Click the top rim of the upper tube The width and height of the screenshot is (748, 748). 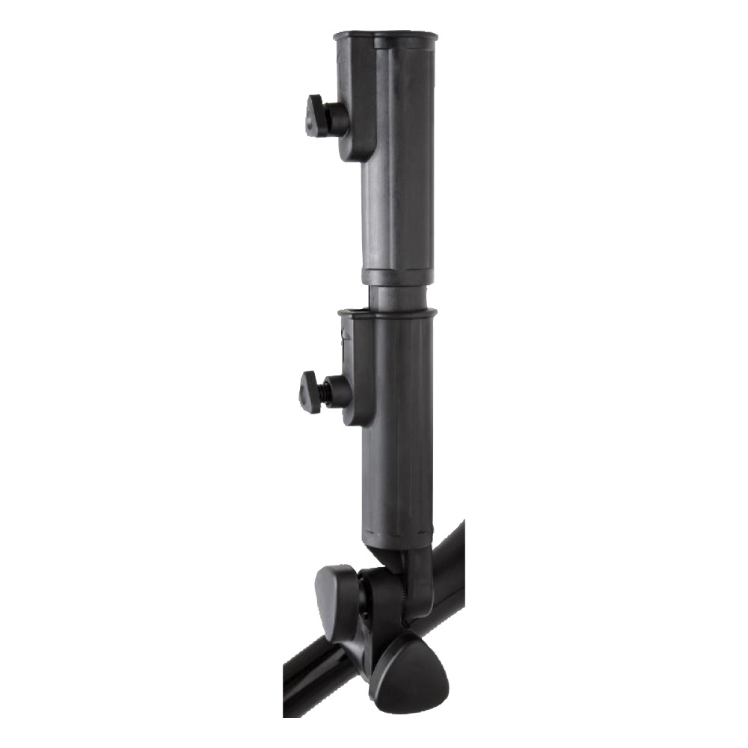[385, 35]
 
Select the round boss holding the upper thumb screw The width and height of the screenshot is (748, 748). [337, 120]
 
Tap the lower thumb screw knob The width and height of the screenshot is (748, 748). [310, 391]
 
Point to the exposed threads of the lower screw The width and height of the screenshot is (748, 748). [325, 391]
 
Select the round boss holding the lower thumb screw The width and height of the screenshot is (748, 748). [340, 391]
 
